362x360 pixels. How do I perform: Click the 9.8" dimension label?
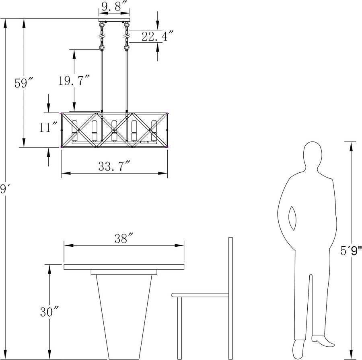(115, 6)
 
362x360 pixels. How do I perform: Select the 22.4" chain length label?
(157, 36)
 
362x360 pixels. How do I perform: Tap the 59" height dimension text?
(24, 83)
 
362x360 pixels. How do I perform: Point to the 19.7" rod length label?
(74, 80)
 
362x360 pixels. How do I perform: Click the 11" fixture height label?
(48, 127)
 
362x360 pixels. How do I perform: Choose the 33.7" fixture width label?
(114, 166)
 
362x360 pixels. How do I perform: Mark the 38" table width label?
(124, 238)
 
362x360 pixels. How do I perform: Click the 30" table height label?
(49, 312)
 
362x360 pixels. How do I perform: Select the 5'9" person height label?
(351, 251)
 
